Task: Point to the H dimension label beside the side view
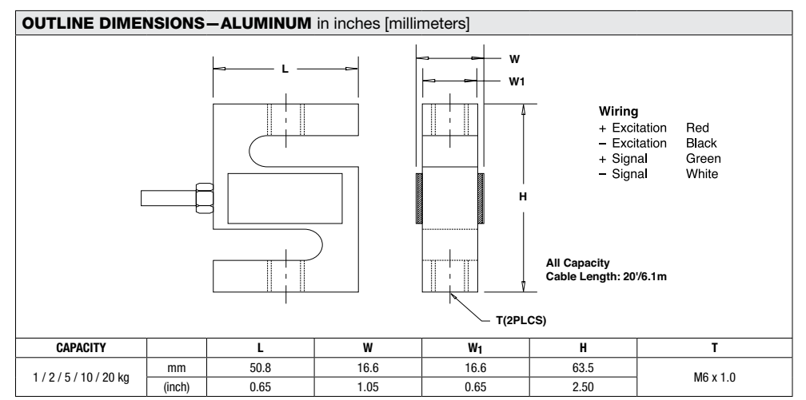[x=525, y=196]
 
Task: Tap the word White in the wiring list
[x=701, y=173]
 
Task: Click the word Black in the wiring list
[x=700, y=143]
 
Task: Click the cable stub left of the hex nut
[x=166, y=196]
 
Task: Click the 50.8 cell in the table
[x=260, y=365]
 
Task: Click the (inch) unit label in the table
[x=176, y=382]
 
